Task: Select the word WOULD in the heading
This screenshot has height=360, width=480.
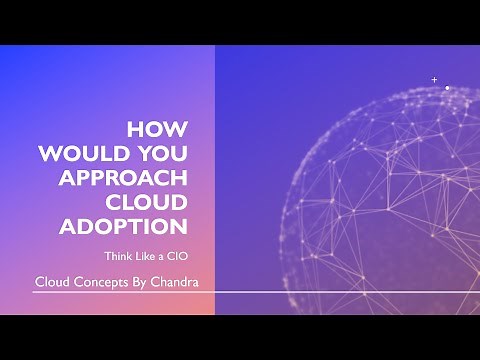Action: [x=81, y=154]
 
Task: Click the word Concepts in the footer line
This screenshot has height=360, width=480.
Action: [x=101, y=281]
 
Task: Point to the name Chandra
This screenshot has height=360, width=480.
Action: [x=177, y=281]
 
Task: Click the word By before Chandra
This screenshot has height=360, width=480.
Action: [x=142, y=281]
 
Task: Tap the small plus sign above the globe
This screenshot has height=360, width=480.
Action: [x=434, y=79]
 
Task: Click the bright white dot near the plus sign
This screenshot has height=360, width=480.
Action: [x=446, y=88]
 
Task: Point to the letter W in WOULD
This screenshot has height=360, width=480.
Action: [x=49, y=154]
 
